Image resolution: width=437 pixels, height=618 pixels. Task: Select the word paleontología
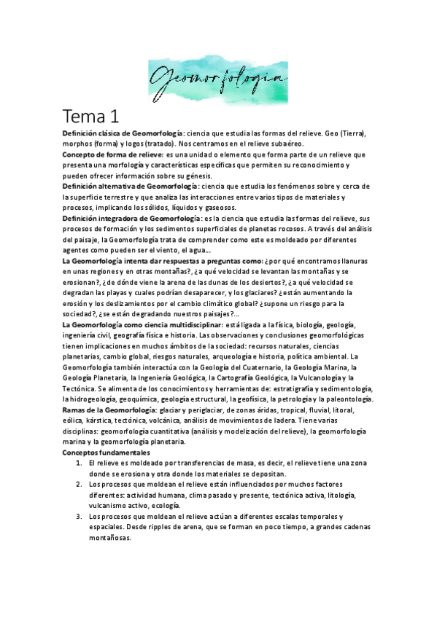[348, 399]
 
